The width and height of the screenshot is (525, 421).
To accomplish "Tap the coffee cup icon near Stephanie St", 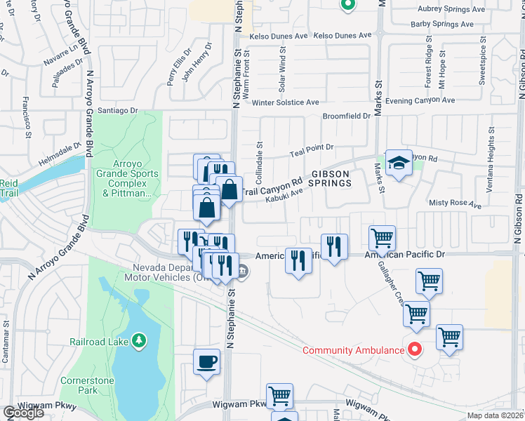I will pyautogui.click(x=206, y=362).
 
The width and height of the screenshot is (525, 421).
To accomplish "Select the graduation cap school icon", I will pyautogui.click(x=398, y=163).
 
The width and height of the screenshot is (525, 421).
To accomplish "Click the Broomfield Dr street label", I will pyautogui.click(x=346, y=116).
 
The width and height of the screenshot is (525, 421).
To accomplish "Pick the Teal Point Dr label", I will pyautogui.click(x=312, y=148).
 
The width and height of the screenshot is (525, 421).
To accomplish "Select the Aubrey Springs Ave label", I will pyautogui.click(x=451, y=9).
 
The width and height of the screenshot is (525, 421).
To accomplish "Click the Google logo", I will pyautogui.click(x=23, y=412).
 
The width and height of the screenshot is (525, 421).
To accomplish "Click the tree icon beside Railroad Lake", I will pyautogui.click(x=140, y=341).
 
